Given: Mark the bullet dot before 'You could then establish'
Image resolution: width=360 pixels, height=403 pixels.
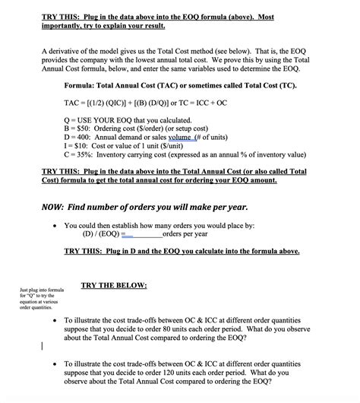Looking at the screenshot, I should click(x=56, y=226).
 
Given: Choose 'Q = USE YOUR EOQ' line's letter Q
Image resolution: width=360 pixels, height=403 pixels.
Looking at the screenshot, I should click(x=68, y=119).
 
